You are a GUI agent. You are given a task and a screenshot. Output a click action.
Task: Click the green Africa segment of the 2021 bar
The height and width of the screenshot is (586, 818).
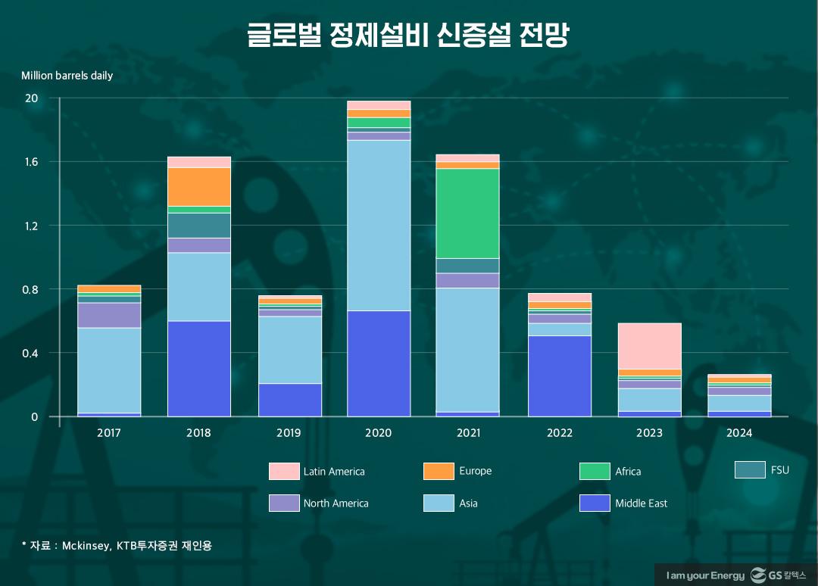(467, 213)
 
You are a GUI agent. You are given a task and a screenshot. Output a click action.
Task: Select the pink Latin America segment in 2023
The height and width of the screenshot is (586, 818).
(649, 346)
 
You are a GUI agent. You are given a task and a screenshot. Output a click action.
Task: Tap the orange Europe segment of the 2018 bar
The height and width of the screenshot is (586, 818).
(198, 186)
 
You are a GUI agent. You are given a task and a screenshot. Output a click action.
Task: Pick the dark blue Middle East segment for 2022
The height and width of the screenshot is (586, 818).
(560, 376)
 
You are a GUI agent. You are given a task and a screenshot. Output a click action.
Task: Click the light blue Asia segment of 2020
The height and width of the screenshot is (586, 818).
(379, 225)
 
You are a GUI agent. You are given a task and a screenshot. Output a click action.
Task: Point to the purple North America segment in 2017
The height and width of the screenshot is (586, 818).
(109, 315)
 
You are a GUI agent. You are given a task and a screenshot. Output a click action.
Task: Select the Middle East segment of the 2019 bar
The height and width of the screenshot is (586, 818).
(289, 400)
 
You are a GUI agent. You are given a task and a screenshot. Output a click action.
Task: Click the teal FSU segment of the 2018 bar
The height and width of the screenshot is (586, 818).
(198, 225)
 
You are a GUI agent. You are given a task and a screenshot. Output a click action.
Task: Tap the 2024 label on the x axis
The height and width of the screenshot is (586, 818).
(738, 433)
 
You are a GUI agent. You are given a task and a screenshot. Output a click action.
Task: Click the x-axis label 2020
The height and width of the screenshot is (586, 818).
(379, 433)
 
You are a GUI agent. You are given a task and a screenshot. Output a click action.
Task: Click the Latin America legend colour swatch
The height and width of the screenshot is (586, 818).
(284, 471)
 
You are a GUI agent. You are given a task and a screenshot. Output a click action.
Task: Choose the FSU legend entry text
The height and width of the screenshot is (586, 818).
(779, 470)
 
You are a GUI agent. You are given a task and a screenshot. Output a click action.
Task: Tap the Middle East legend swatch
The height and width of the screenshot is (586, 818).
(595, 503)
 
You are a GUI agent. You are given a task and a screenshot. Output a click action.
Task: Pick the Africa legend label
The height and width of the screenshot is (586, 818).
(628, 471)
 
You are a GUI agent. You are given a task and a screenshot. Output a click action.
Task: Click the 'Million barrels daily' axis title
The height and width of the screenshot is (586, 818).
(67, 76)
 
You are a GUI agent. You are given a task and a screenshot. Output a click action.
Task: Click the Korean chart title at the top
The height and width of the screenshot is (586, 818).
(408, 36)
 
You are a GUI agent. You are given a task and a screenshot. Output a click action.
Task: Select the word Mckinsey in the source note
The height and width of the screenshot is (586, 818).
(84, 544)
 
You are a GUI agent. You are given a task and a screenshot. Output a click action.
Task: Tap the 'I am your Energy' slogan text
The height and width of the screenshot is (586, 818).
(705, 576)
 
